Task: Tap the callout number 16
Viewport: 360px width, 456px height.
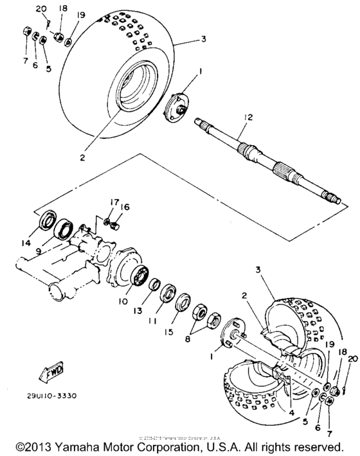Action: pyautogui.click(x=127, y=207)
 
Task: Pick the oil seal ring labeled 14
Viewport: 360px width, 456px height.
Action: pyautogui.click(x=48, y=222)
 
